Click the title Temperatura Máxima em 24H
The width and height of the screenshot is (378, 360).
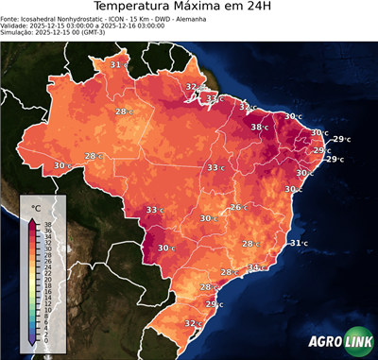pyautogui.click(x=189, y=9)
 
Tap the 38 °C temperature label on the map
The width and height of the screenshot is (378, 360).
pyautogui.click(x=258, y=127)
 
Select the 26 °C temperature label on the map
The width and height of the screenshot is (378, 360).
pyautogui.click(x=238, y=207)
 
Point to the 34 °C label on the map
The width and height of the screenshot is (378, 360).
pyautogui.click(x=255, y=267)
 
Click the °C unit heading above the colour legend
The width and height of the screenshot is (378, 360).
pyautogui.click(x=36, y=206)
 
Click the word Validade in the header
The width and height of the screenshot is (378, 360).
pyautogui.click(x=17, y=26)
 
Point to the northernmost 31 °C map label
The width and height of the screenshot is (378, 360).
pyautogui.click(x=117, y=64)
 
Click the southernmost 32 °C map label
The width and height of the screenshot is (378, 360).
pyautogui.click(x=193, y=323)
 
